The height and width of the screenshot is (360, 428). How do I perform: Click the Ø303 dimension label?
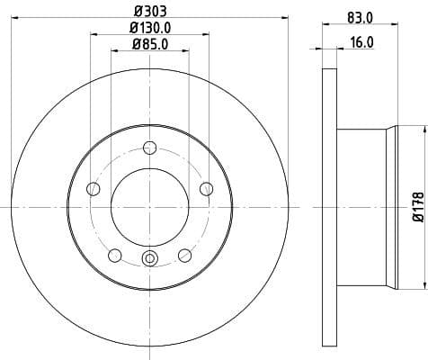point(150,11)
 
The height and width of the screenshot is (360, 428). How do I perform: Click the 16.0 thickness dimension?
point(362,41)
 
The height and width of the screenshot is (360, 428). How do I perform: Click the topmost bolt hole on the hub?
point(150,149)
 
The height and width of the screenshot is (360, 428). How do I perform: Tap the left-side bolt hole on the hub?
point(93,188)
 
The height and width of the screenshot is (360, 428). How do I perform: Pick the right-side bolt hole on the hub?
point(207,188)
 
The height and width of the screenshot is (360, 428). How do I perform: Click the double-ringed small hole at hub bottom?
point(150,261)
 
